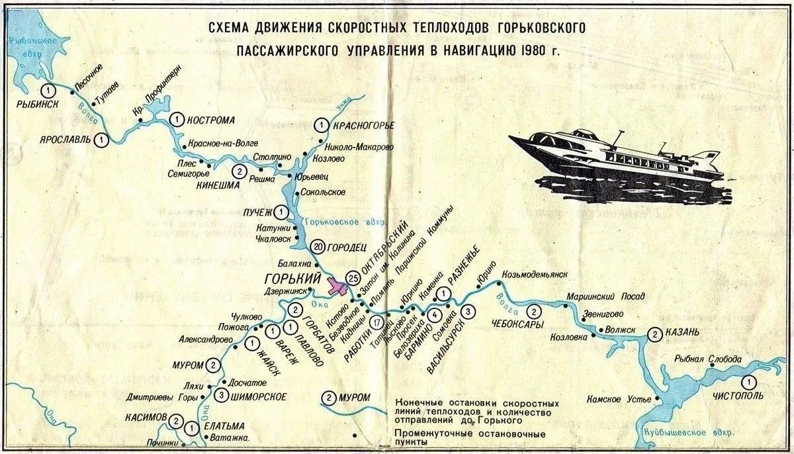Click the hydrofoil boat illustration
615,162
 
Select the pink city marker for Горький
338,289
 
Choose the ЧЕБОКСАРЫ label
518,324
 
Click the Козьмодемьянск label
535,275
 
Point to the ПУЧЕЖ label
258,212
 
